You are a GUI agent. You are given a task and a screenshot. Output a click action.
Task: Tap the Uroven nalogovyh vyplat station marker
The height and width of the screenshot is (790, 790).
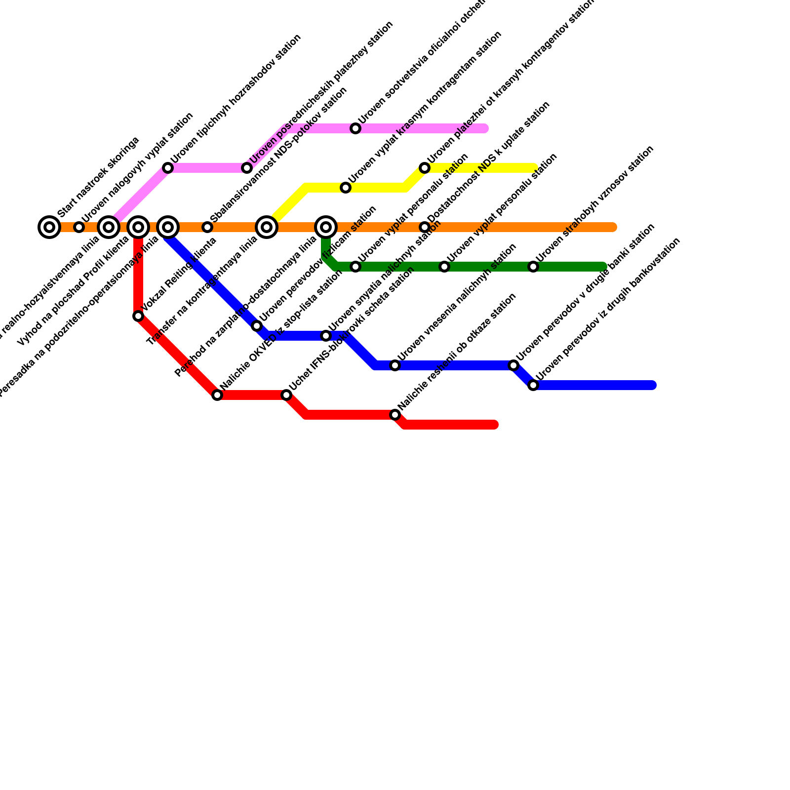click(79, 227)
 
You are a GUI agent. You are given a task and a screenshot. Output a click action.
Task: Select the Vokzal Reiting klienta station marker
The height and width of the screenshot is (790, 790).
click(138, 316)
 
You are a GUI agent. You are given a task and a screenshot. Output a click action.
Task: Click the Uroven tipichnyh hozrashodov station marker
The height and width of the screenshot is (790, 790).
click(168, 168)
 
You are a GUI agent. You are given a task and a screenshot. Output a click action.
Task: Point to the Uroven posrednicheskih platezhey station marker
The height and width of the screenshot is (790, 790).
click(247, 168)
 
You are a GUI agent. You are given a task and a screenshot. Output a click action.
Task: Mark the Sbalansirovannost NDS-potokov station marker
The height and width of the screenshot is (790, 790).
click(207, 227)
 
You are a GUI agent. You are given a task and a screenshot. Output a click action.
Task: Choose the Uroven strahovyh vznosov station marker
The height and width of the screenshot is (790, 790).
click(533, 267)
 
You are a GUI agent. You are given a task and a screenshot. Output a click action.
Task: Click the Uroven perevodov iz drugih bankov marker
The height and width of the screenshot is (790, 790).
click(533, 385)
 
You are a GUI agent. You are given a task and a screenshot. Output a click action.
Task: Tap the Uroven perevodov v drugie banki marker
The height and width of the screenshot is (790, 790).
click(513, 365)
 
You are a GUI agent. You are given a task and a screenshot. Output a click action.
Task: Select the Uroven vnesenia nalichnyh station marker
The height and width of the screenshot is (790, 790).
click(395, 365)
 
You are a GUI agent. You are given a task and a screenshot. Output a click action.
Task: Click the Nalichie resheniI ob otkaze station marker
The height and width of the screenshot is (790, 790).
click(395, 415)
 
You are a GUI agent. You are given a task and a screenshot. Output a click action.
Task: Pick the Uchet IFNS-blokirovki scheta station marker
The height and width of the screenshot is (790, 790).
click(286, 395)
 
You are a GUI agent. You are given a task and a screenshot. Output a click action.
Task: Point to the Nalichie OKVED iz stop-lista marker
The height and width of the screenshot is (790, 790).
click(217, 395)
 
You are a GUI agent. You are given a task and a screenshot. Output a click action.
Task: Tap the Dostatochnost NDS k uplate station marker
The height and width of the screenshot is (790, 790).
click(425, 227)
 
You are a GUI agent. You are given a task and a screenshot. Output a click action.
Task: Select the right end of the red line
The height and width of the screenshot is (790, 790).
click(495, 425)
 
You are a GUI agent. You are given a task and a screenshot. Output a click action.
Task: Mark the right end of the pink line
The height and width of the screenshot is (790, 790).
click(485, 128)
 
